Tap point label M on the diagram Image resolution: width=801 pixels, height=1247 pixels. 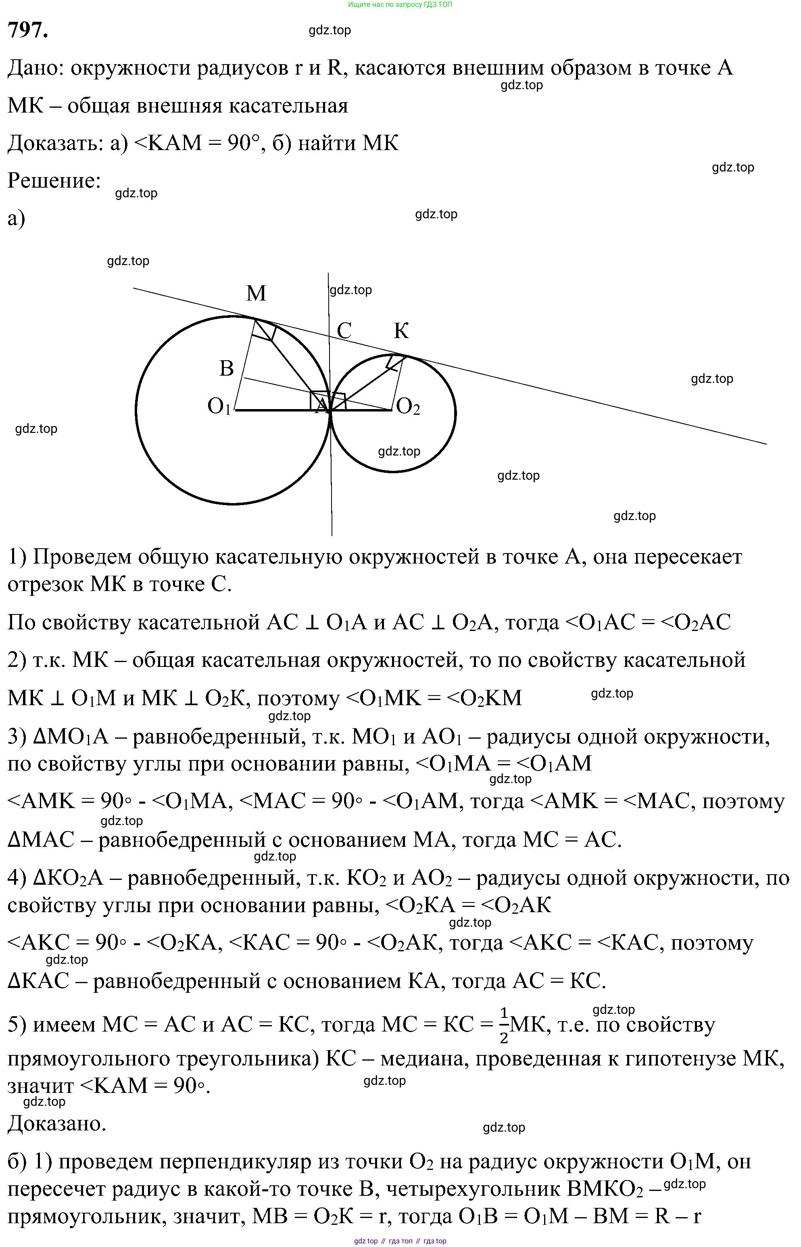pyautogui.click(x=256, y=293)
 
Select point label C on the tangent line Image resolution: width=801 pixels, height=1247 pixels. pyautogui.click(x=344, y=330)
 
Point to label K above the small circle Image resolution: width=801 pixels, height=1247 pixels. pyautogui.click(x=401, y=330)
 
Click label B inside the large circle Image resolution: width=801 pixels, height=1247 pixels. pyautogui.click(x=226, y=368)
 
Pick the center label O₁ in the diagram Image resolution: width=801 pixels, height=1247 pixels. pyautogui.click(x=219, y=406)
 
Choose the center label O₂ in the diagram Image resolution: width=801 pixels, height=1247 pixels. pyautogui.click(x=408, y=407)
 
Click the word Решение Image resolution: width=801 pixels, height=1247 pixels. pyautogui.click(x=54, y=180)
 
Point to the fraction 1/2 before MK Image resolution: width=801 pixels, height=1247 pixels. pyautogui.click(x=503, y=1026)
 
